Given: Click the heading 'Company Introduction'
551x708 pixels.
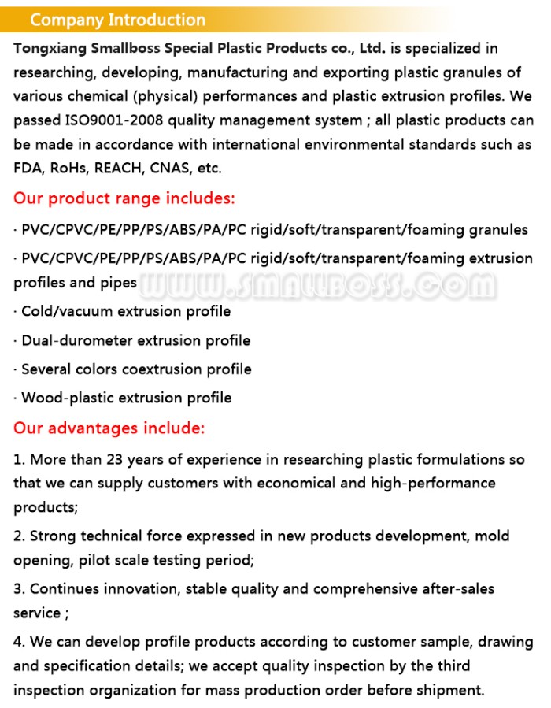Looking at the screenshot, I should pyautogui.click(x=117, y=20).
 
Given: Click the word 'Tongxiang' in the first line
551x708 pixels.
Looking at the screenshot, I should pyautogui.click(x=49, y=49).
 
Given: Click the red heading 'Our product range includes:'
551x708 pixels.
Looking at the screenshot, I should pyautogui.click(x=124, y=198).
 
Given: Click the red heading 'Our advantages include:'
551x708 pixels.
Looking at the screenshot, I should pyautogui.click(x=109, y=428).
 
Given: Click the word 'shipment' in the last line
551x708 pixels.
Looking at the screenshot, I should pyautogui.click(x=449, y=690).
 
